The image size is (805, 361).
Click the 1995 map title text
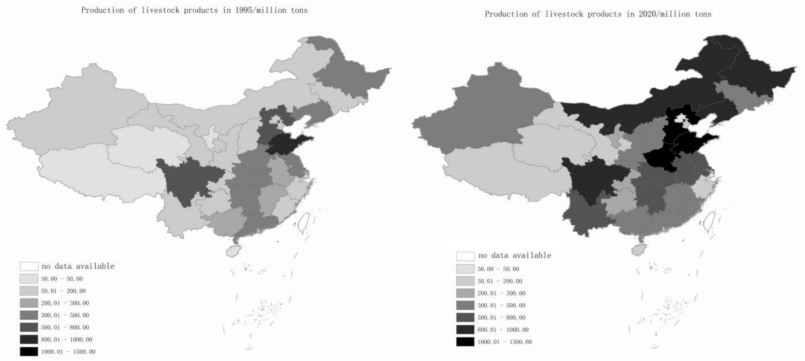194,10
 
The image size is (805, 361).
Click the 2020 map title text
598,14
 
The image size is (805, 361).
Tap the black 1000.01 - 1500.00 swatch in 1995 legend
29,351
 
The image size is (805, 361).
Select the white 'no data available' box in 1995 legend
29,266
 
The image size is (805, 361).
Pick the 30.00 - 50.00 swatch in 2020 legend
465,269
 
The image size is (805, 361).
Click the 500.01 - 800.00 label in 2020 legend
501,317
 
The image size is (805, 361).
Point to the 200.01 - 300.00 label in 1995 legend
65,303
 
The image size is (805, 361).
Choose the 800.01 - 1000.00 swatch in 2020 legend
465,330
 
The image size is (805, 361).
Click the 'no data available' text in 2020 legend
514,255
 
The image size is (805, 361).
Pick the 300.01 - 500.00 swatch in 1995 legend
29,315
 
